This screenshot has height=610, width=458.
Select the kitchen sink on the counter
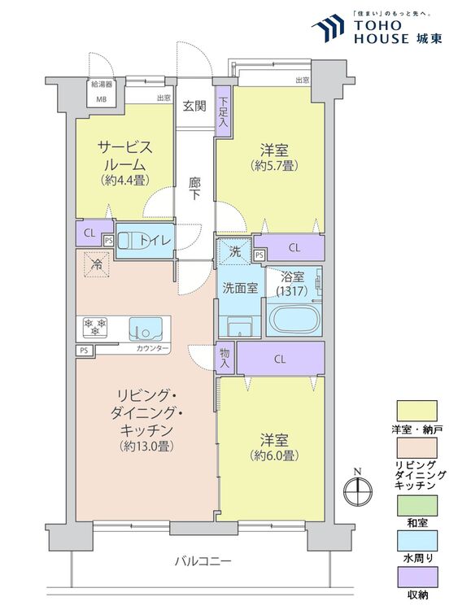(146, 328)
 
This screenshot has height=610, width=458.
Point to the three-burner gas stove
(95, 326)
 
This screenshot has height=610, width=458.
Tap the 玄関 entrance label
(194, 106)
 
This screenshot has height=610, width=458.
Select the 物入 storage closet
(225, 358)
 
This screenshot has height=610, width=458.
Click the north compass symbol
(358, 490)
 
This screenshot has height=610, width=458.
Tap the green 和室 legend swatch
(417, 505)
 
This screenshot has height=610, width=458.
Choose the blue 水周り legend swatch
(417, 541)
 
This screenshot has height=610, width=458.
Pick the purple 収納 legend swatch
(417, 577)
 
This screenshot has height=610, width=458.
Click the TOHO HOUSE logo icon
(328, 28)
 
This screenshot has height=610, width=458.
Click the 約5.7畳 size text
(275, 166)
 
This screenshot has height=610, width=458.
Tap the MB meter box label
(101, 99)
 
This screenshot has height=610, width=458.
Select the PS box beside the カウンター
(84, 350)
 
